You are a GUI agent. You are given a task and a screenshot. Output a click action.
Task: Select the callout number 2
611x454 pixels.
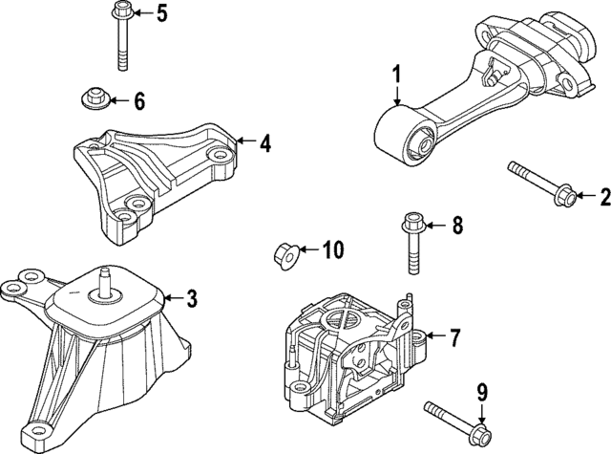[x=603, y=199]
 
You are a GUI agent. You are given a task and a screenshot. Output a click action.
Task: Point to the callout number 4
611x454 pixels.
[x=264, y=144]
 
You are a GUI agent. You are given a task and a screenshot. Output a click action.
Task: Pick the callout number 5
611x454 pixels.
[x=160, y=13]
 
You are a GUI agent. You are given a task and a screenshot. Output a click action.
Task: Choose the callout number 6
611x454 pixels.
[x=138, y=99]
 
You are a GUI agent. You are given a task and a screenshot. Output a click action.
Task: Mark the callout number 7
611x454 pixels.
[x=454, y=336]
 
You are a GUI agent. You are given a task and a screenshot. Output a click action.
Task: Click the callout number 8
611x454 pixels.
[x=456, y=227]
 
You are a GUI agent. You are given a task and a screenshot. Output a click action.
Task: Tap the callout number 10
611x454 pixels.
[x=331, y=251]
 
